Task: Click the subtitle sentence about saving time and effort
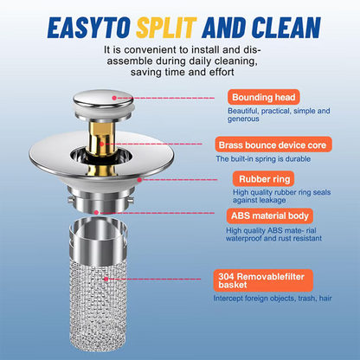[180, 62]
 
